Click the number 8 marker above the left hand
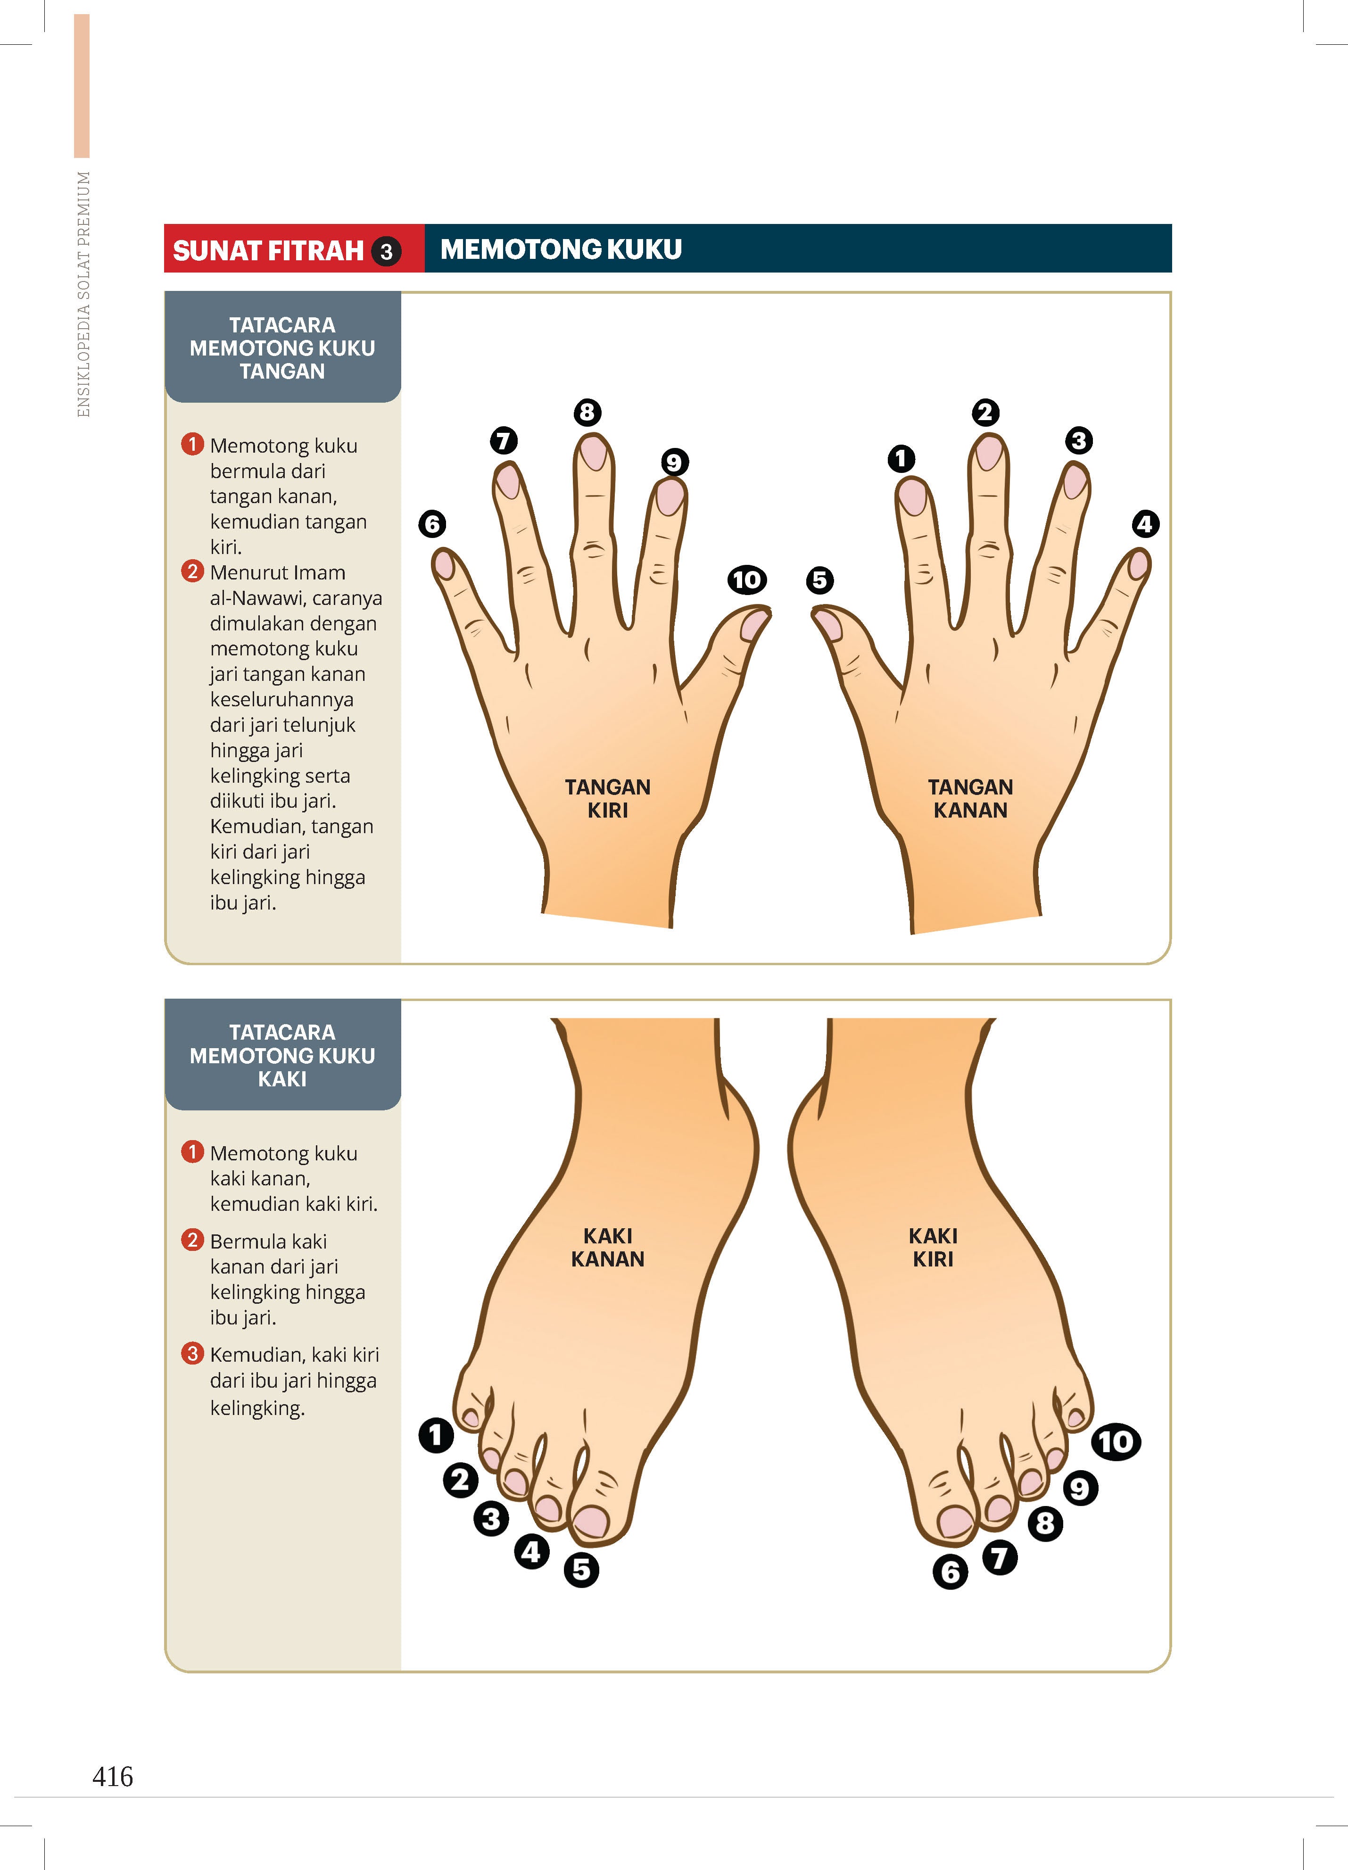587,412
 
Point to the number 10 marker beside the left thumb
747,579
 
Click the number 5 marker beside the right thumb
819,579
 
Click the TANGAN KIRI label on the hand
608,798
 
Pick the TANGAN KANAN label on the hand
970,798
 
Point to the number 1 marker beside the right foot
436,1435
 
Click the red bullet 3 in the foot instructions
192,1353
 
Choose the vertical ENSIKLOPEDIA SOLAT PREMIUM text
83,294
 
